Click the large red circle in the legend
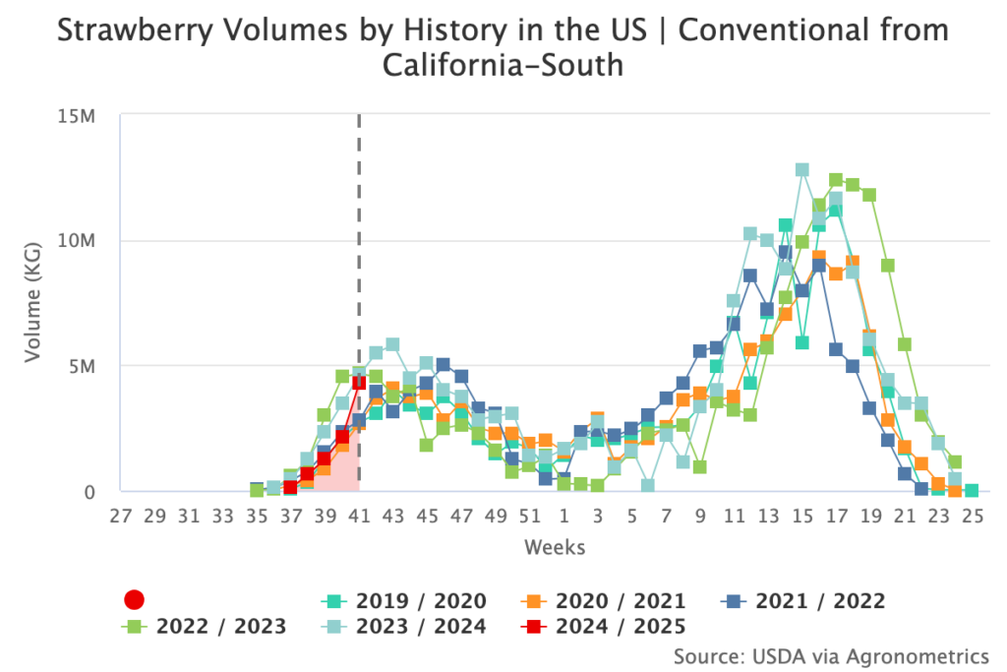pyautogui.click(x=135, y=600)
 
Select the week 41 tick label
pyautogui.click(x=359, y=516)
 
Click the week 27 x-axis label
pyautogui.click(x=121, y=516)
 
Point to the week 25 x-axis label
pyautogui.click(x=972, y=516)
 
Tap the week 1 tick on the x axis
pyautogui.click(x=563, y=516)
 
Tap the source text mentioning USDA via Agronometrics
pyautogui.click(x=831, y=655)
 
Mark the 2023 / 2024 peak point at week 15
pyautogui.click(x=801, y=170)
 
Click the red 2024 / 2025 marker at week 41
pyautogui.click(x=359, y=383)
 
